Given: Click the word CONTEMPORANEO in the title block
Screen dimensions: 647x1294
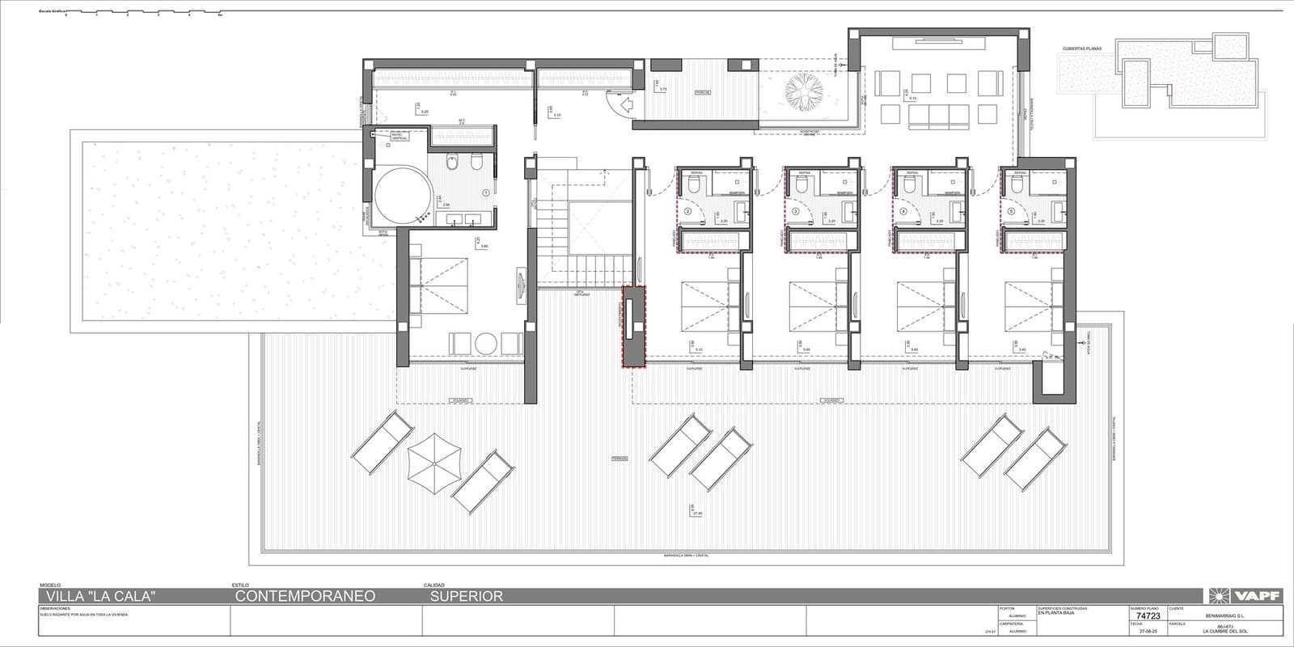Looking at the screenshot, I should click(305, 596).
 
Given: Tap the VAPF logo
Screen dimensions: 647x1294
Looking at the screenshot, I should click(1245, 596).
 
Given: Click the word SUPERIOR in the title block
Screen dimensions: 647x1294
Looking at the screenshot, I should click(466, 596).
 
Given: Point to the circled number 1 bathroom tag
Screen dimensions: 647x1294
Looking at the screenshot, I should click(485, 193).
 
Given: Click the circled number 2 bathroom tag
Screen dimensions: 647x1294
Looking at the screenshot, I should click(687, 211).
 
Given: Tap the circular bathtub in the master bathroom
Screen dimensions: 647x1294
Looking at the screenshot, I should click(402, 197).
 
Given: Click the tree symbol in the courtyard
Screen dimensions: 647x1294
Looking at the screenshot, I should click(803, 90).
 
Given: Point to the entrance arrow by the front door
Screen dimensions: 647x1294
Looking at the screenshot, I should click(625, 104).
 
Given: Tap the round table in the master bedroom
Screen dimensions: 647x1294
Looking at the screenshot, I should click(486, 344).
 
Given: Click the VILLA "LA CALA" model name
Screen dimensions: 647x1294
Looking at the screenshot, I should click(97, 596).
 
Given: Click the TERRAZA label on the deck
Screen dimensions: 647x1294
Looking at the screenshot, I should click(620, 459).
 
